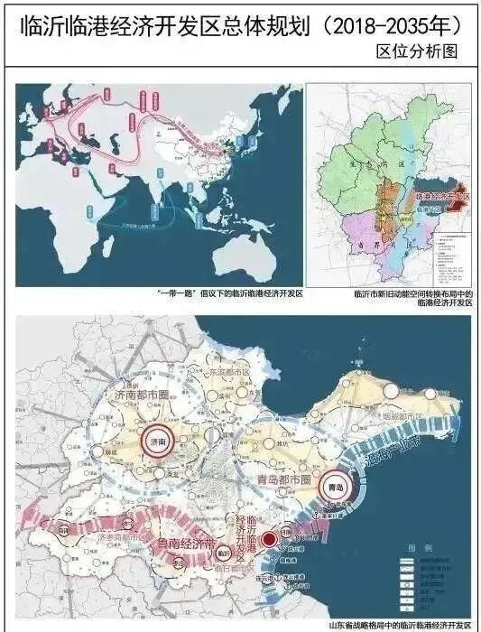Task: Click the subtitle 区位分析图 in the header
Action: coord(417,52)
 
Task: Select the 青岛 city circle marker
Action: coord(336,486)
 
